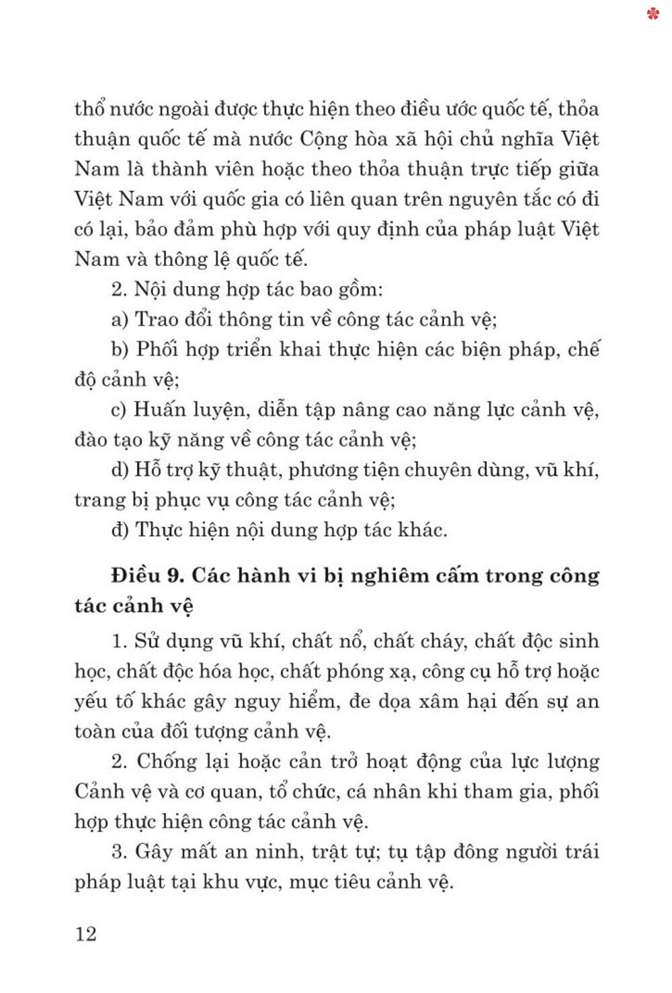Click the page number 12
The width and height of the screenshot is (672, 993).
86,934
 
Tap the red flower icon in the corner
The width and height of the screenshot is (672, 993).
653,13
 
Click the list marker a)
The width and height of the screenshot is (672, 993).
120,320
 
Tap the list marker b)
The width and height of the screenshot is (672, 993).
120,350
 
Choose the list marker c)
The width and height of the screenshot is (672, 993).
119,410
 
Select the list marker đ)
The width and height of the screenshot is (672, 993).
120,530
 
